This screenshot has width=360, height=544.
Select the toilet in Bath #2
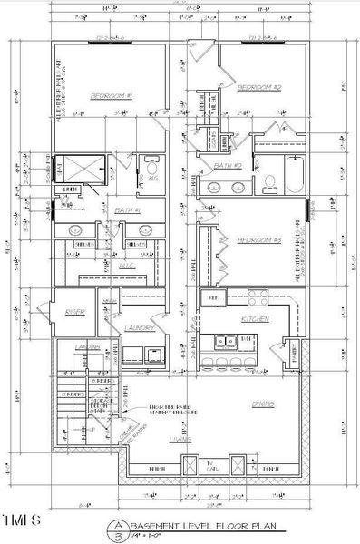(269, 181)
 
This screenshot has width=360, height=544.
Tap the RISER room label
(74, 312)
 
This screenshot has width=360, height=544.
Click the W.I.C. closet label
(126, 266)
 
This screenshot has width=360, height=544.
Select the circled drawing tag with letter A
(117, 525)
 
